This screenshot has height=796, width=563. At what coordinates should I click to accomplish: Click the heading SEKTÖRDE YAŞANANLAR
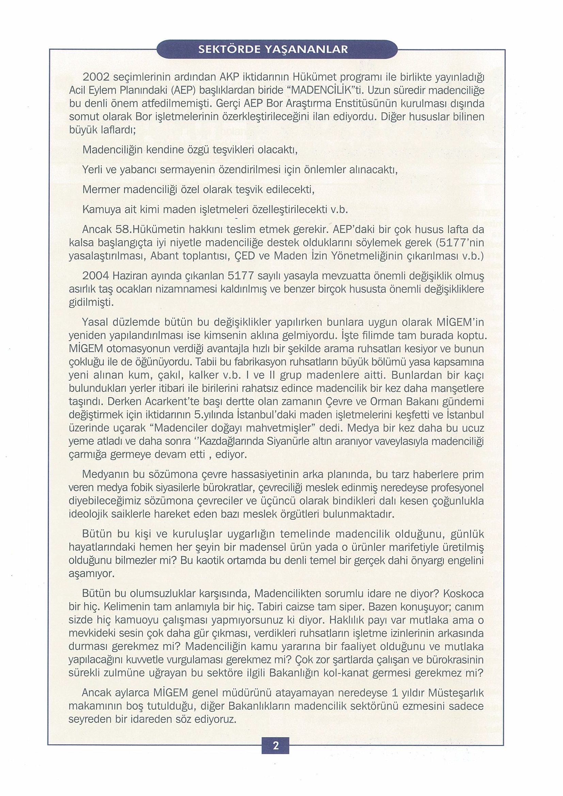pos(273,50)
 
